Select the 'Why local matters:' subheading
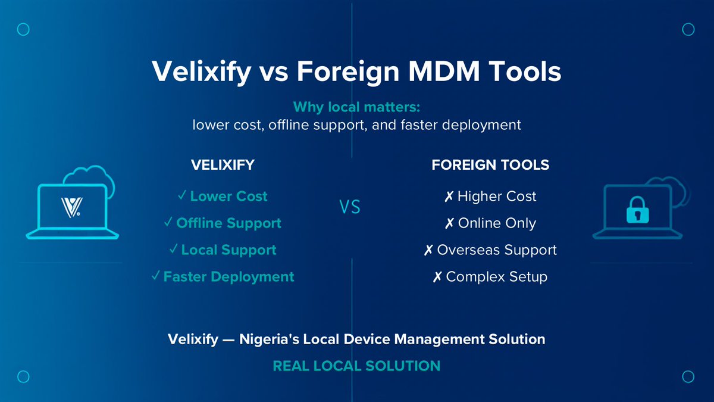pyautogui.click(x=356, y=108)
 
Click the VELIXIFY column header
pyautogui.click(x=223, y=165)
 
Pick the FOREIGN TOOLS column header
pyautogui.click(x=490, y=165)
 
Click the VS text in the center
pyautogui.click(x=350, y=208)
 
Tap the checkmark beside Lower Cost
pyautogui.click(x=183, y=196)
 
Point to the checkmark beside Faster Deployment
pyautogui.click(x=156, y=276)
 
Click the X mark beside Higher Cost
pyautogui.click(x=449, y=197)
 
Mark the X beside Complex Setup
pyautogui.click(x=437, y=277)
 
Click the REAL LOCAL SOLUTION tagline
pyautogui.click(x=356, y=366)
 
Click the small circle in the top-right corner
pyautogui.click(x=688, y=29)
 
